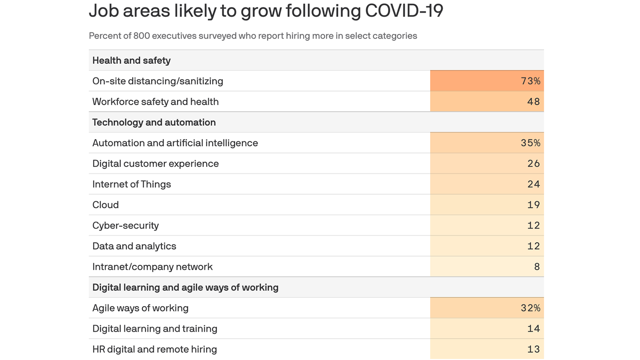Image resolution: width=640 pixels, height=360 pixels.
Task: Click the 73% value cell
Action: [x=530, y=81]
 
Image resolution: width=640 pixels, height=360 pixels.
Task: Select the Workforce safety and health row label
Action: [x=156, y=102]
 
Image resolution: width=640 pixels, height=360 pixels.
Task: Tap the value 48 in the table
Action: [x=533, y=102]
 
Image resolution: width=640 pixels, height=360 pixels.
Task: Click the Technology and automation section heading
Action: [x=154, y=122]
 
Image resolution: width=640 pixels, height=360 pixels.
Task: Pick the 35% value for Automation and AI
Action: [x=530, y=143]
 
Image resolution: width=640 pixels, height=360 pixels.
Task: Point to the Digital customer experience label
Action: [x=156, y=164]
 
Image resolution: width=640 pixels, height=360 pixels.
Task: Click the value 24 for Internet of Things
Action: [x=533, y=184]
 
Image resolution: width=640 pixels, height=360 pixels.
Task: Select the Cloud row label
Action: [x=105, y=205]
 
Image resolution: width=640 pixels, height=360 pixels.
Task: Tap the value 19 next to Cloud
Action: [x=533, y=205]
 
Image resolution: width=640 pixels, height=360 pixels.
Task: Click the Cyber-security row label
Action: [x=126, y=225]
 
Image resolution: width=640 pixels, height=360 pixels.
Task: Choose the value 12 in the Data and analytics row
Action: [x=533, y=246]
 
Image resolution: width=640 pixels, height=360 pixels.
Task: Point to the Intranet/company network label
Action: [x=152, y=267]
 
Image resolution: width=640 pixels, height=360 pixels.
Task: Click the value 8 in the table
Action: [x=536, y=267]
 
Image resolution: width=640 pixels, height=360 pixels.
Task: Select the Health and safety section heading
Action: [x=131, y=60]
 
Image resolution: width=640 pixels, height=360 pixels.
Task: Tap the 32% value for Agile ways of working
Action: [x=530, y=308]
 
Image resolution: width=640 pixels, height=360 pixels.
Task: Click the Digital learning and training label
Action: [x=155, y=329]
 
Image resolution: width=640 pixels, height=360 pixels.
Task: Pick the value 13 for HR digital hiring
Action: [x=533, y=349]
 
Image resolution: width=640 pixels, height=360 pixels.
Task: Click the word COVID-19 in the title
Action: [x=404, y=11]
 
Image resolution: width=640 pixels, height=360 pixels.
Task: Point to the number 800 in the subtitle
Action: [x=141, y=36]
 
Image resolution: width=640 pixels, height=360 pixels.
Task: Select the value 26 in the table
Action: [x=533, y=164]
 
